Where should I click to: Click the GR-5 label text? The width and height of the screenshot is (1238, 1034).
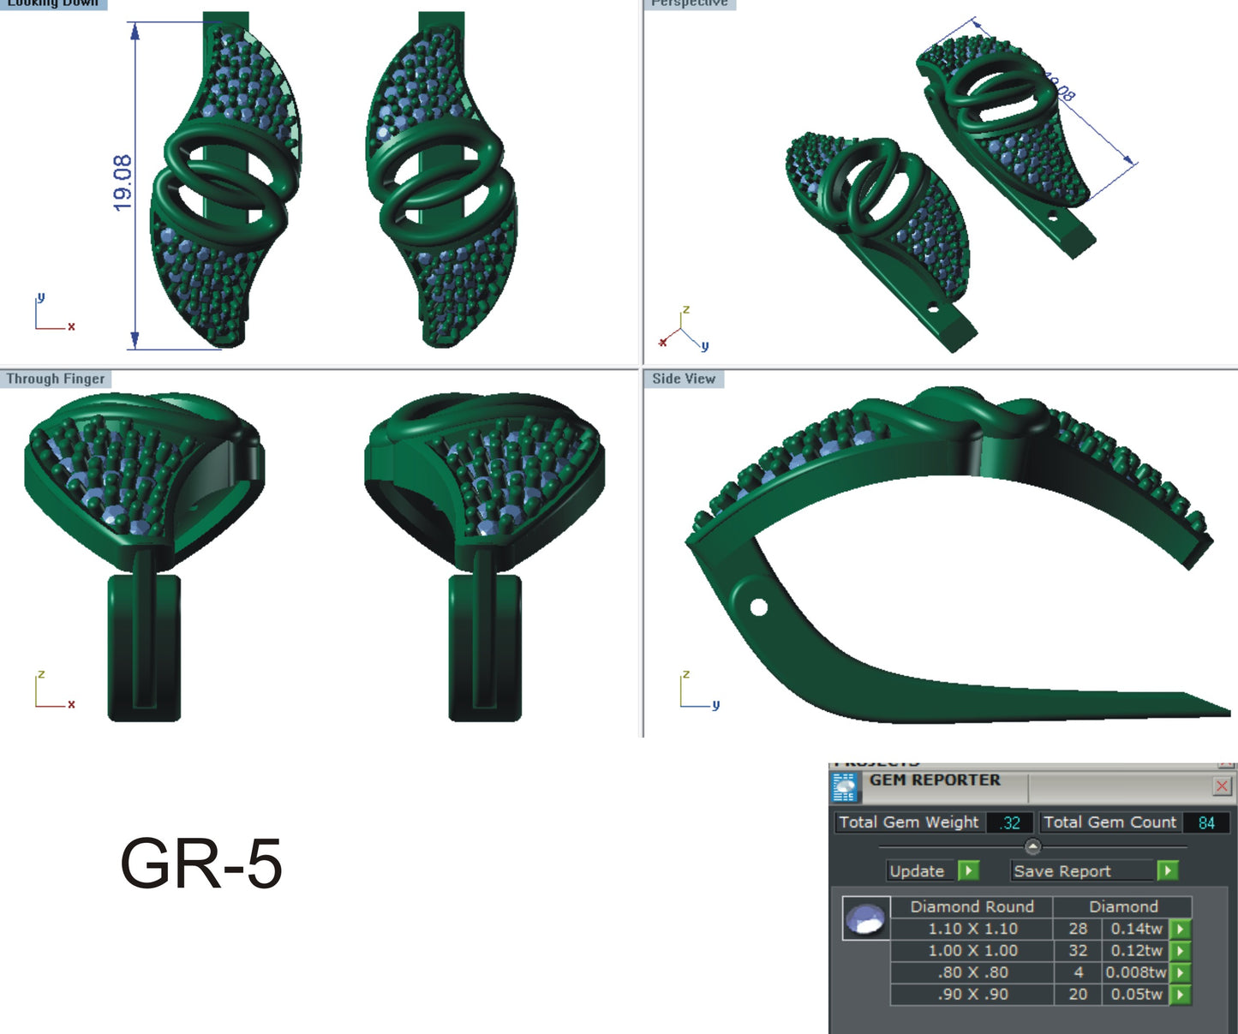[201, 863]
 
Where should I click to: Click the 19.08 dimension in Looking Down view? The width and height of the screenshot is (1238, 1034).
[123, 182]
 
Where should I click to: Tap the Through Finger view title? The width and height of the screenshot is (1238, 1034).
[56, 379]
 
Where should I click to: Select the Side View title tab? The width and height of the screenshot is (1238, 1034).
[683, 379]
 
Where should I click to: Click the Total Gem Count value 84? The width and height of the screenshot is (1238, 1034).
[1206, 822]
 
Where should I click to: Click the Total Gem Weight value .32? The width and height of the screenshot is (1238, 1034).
[1011, 822]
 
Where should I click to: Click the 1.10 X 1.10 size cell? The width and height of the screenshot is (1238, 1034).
[972, 929]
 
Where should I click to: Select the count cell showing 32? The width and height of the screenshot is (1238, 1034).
[1078, 951]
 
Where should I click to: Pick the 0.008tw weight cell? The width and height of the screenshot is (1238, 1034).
[1135, 972]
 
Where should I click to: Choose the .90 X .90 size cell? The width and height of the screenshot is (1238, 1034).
[972, 995]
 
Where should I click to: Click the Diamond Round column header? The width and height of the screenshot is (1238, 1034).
[972, 906]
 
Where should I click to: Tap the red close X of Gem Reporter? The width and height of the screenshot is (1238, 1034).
[1222, 786]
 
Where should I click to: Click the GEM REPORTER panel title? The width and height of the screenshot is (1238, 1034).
[935, 780]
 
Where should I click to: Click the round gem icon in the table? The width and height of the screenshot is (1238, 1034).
[865, 919]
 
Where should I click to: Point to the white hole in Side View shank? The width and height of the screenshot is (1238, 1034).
[758, 607]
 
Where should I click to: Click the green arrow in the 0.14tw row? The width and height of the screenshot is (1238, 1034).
[1181, 929]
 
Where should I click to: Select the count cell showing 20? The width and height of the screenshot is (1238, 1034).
[1078, 995]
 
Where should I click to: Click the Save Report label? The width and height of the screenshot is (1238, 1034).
[1062, 871]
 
